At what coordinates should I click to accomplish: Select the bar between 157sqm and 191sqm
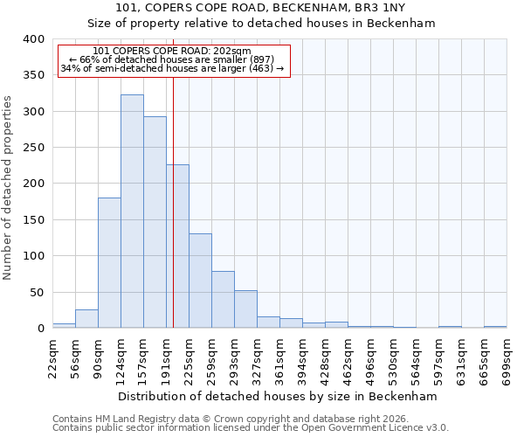(x=155, y=223)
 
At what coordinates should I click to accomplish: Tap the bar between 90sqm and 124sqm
(x=109, y=263)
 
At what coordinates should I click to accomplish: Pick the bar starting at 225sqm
(x=200, y=281)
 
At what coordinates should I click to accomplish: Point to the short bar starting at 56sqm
(x=86, y=319)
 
